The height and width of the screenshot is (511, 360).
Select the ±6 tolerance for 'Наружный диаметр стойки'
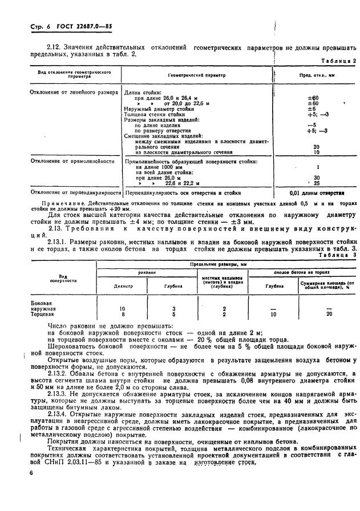pyautogui.click(x=312, y=108)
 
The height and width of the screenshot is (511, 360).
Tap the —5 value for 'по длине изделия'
pyautogui.click(x=311, y=125)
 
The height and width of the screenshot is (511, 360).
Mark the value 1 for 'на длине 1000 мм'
pyautogui.click(x=315, y=167)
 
